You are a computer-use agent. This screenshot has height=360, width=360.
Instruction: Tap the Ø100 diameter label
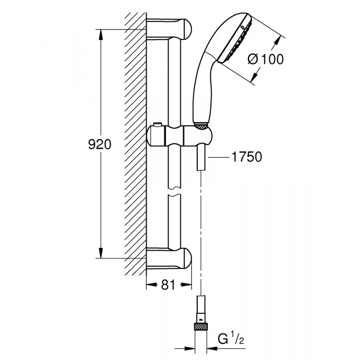click(x=265, y=59)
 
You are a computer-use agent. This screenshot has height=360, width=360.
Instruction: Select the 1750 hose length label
click(x=246, y=157)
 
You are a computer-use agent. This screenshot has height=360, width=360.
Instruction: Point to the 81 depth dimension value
click(x=167, y=285)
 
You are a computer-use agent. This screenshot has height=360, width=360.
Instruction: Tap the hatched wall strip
click(x=135, y=144)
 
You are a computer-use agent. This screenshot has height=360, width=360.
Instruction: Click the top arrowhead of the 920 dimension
click(x=101, y=34)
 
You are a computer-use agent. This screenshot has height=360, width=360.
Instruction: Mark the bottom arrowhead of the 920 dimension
click(x=101, y=254)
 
